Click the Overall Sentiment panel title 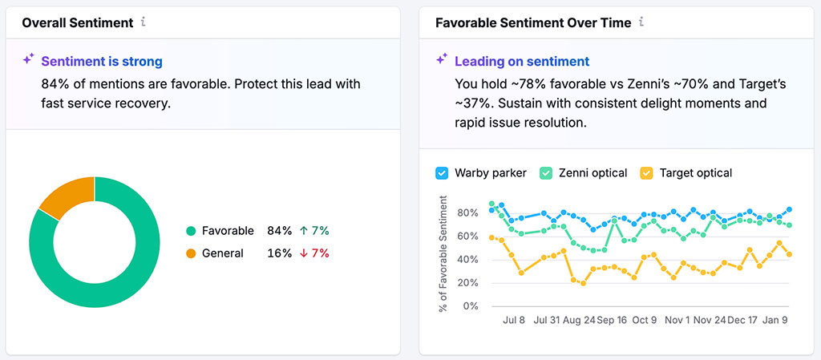(77, 22)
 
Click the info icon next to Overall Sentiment (144, 22)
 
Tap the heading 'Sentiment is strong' (102, 61)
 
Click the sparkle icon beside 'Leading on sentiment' (442, 60)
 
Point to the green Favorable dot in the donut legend (191, 231)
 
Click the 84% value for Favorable (280, 231)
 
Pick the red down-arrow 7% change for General (315, 253)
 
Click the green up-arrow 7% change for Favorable (315, 231)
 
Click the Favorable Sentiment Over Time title (533, 22)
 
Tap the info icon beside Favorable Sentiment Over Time (641, 22)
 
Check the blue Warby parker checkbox (442, 172)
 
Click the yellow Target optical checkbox (646, 172)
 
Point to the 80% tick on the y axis (467, 213)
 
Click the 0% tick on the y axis (471, 306)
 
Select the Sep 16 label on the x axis (613, 320)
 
